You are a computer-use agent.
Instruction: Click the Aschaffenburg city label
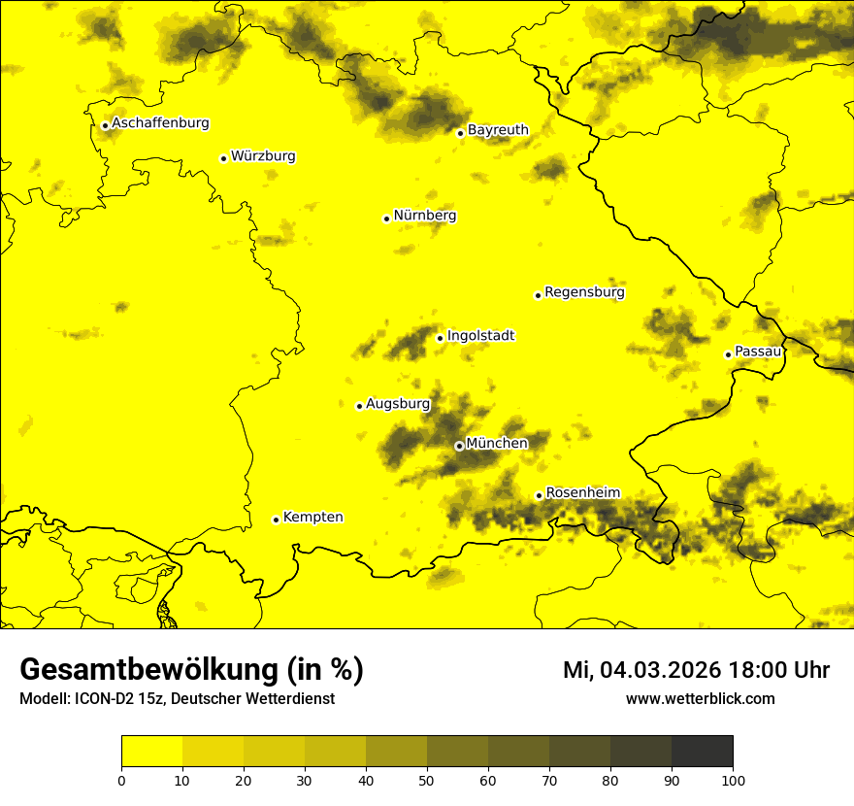coord(160,123)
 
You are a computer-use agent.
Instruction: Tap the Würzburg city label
coord(263,156)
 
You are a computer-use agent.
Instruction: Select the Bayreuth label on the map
coord(498,130)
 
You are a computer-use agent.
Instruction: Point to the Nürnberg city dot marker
coord(386,218)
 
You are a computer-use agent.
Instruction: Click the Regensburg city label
coord(584,292)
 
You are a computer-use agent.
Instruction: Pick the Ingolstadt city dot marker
coord(440,338)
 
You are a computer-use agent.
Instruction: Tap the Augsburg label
coord(398,404)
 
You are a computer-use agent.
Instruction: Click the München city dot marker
coord(459,446)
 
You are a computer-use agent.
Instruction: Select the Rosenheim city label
coord(582,493)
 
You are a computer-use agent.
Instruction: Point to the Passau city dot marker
coord(728,354)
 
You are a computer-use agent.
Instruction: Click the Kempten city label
coord(312,518)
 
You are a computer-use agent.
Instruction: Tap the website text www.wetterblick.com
coord(700,699)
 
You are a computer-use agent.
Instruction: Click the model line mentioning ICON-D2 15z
coord(177,699)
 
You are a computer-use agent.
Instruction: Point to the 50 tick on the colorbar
coord(427,780)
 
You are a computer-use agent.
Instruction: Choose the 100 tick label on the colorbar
coord(733,780)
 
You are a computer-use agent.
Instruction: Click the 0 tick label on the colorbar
coord(121,780)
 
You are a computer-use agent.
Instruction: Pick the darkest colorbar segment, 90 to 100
coord(702,752)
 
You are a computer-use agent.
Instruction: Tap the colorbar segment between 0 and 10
coord(151,752)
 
